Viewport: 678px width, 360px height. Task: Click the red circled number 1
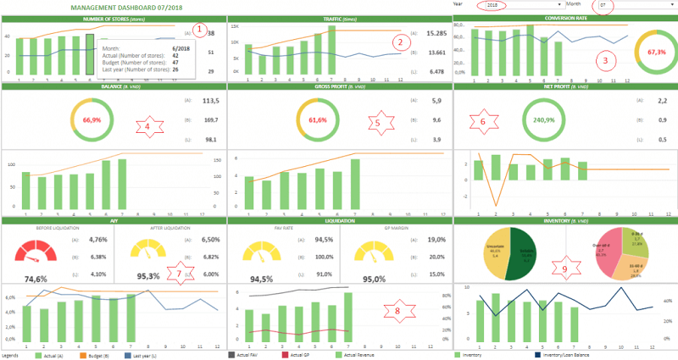pyautogui.click(x=199, y=30)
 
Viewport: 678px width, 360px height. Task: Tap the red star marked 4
pyautogui.click(x=147, y=128)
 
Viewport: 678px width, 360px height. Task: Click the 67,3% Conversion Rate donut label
pyautogui.click(x=657, y=52)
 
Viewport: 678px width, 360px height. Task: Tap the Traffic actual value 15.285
pyautogui.click(x=436, y=34)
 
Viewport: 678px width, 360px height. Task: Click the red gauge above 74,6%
pyautogui.click(x=35, y=250)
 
